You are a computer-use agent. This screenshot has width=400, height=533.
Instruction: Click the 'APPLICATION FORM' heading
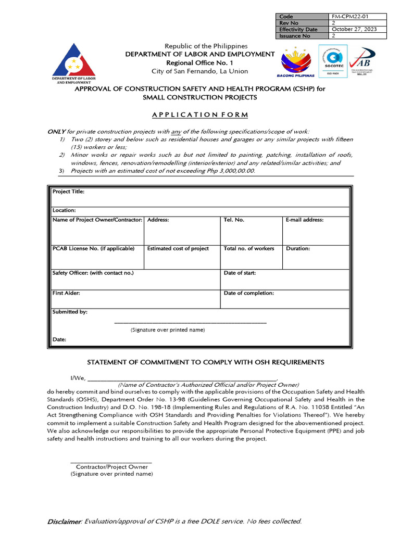[200, 115]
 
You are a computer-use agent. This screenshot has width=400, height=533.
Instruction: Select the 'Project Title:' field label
[68, 192]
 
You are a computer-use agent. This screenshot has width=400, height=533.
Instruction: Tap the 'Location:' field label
[65, 210]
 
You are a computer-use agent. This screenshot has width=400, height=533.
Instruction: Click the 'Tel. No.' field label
[234, 220]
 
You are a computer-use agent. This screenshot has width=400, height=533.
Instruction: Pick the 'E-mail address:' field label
[305, 220]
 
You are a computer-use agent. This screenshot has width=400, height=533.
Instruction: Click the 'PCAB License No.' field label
[93, 249]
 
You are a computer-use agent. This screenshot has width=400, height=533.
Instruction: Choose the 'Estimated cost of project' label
[178, 249]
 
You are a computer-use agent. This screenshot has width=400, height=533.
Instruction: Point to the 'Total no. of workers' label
[249, 249]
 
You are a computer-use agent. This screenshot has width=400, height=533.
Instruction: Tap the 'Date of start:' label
[240, 273]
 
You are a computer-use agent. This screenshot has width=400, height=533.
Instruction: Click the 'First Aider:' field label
[66, 293]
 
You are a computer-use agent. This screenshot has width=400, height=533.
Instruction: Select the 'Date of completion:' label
[248, 293]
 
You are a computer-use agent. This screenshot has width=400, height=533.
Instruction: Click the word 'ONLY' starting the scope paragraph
[56, 132]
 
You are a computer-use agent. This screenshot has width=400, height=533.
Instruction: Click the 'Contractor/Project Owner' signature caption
[111, 467]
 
